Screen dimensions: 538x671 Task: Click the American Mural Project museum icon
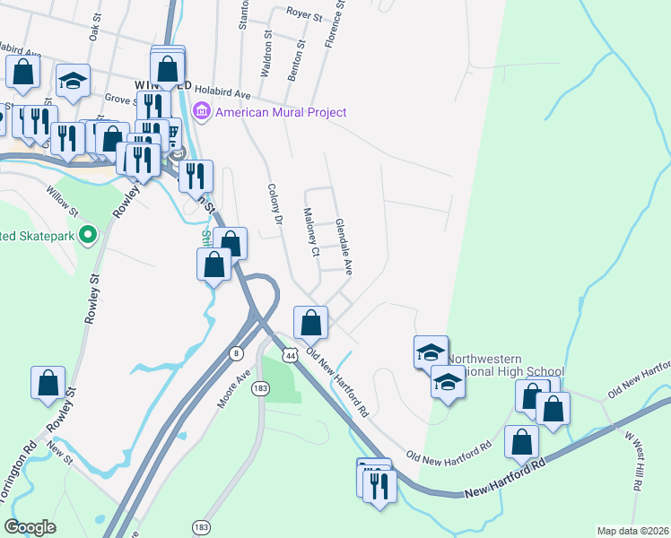pos(202,112)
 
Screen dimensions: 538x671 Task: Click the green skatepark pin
pos(87,236)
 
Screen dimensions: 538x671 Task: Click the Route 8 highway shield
pos(236,351)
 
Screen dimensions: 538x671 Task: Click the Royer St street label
pos(304,13)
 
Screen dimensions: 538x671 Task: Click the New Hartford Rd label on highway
pos(505,480)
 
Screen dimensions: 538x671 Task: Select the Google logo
pos(30,527)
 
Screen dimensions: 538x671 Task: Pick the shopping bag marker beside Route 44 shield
pos(310,322)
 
